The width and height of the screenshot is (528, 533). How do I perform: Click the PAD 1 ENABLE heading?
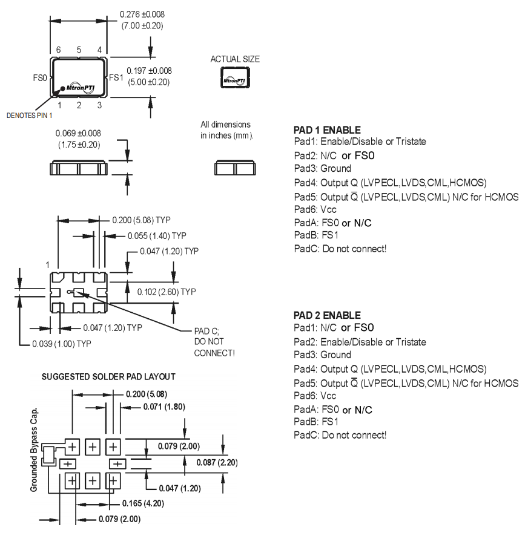(x=327, y=130)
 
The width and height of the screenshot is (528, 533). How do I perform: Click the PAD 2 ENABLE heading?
(x=327, y=315)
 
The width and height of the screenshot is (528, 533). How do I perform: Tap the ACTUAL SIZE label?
(x=235, y=59)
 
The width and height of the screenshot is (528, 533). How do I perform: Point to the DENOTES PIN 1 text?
(x=30, y=115)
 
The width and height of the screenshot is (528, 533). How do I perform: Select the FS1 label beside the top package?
(x=115, y=77)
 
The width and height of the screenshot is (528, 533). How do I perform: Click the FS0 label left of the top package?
(x=39, y=78)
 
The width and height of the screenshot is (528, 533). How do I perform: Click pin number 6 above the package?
(x=59, y=50)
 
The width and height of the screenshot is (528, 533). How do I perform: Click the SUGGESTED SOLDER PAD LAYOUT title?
(x=108, y=376)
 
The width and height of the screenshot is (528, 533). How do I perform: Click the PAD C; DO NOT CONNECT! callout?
(x=214, y=342)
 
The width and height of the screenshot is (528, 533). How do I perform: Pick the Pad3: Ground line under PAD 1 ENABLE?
(x=322, y=168)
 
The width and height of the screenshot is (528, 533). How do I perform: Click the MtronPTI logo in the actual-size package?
(x=234, y=80)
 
